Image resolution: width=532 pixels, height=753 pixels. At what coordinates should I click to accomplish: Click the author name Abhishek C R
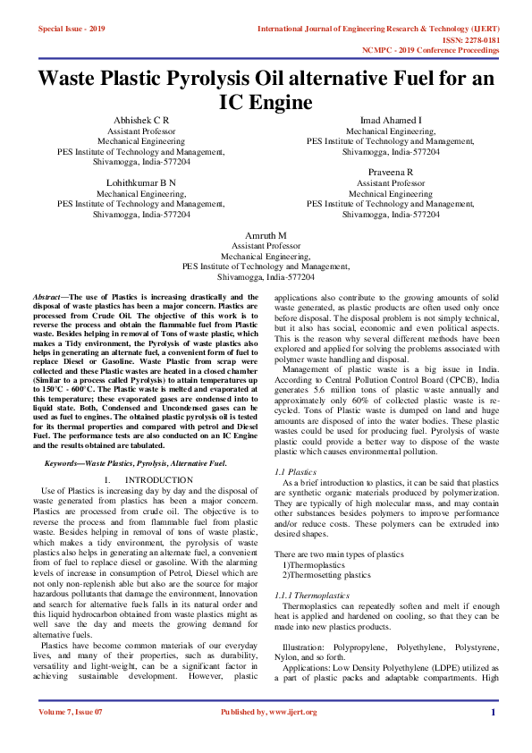141,120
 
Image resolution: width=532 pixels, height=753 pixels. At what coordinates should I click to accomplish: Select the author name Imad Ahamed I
390,120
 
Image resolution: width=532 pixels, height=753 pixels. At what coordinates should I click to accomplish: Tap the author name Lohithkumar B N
141,182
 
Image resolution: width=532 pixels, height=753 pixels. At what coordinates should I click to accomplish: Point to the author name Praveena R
390,171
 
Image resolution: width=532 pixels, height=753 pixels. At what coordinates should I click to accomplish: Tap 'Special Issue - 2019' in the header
72,29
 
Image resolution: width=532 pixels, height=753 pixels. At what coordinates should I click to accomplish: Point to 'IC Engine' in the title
266,102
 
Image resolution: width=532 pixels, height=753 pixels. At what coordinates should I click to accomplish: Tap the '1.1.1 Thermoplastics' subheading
312,595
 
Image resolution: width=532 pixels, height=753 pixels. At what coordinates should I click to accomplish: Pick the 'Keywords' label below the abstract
63,463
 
